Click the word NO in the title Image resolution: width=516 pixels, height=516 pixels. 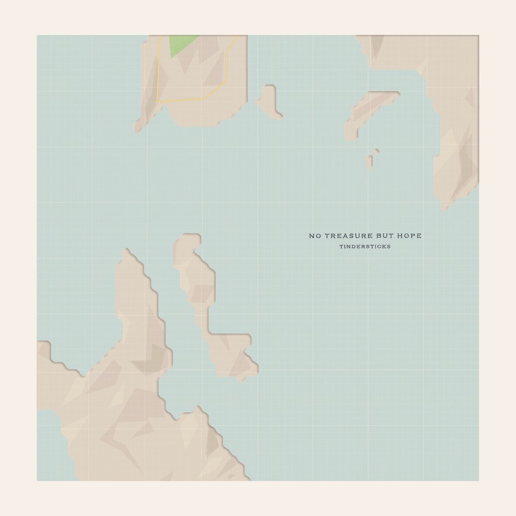(x=315, y=236)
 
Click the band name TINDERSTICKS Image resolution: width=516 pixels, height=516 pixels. (x=365, y=247)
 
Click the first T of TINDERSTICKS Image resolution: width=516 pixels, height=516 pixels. (x=341, y=247)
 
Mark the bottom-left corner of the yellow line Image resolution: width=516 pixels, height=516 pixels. (x=157, y=102)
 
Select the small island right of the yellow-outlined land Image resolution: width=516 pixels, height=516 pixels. (x=269, y=101)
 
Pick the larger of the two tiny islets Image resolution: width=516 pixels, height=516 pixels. (x=369, y=161)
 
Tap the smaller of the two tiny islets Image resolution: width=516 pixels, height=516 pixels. (x=377, y=151)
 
